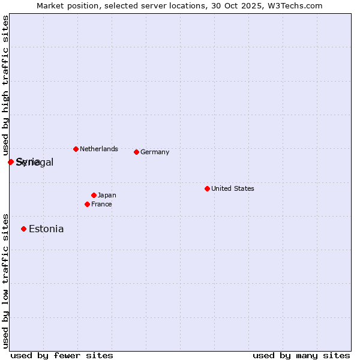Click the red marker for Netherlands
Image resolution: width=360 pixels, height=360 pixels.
pos(76,149)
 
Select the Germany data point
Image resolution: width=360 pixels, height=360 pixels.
pos(136,152)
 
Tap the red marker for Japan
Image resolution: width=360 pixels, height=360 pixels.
pos(94,195)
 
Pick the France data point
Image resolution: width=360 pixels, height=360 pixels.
pos(87,204)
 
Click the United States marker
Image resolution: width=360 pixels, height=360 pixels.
pos(207,188)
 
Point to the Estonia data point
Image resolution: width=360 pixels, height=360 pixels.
pos(23,229)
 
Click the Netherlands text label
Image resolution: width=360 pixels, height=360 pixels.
pos(99,149)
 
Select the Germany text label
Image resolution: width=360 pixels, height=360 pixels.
pos(155,152)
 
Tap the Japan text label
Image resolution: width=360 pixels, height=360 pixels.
pos(107,195)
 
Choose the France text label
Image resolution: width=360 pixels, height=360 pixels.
pos(101,204)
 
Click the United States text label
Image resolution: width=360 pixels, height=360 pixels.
pos(233,188)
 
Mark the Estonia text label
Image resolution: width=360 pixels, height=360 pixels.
pos(46,229)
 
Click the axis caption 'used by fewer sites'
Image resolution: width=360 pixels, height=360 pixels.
pos(62,355)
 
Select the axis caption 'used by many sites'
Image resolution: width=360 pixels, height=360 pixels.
pos(301,355)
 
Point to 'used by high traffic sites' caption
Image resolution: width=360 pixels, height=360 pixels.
pos(5,85)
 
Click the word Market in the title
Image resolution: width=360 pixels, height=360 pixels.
pos(50,5)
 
